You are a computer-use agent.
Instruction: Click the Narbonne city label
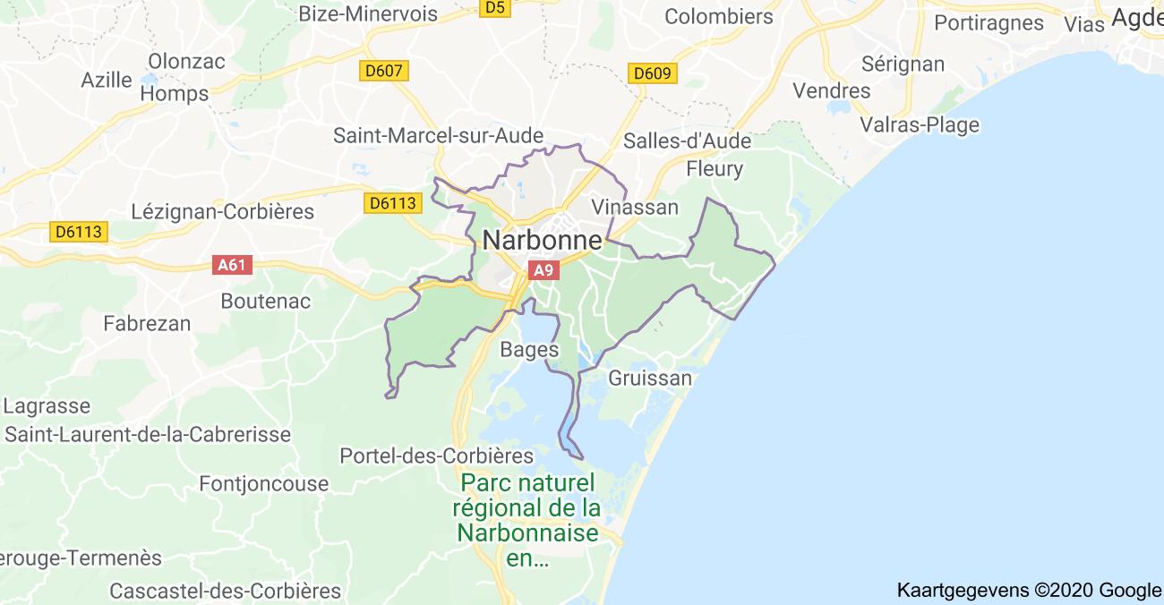pos(542,240)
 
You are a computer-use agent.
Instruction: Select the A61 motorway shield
pos(232,265)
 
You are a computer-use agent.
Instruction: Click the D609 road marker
pos(653,73)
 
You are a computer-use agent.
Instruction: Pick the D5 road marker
pos(494,8)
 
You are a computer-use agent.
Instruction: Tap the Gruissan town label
pos(650,378)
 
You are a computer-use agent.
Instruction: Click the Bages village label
pos(530,350)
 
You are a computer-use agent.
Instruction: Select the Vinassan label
pos(635,207)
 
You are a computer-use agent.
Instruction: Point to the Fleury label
pos(715,168)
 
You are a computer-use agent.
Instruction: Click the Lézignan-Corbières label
pos(223,211)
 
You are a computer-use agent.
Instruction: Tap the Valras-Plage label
pos(920,124)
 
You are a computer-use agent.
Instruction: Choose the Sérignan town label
pos(903,64)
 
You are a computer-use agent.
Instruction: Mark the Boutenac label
pos(266,301)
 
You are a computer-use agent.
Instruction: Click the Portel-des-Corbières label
pos(436,456)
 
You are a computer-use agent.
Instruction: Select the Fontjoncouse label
pos(263,483)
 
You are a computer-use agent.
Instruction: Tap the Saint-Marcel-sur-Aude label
pos(438,135)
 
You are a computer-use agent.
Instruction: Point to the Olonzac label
pos(187,62)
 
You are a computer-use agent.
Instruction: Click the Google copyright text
pos(1029,590)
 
